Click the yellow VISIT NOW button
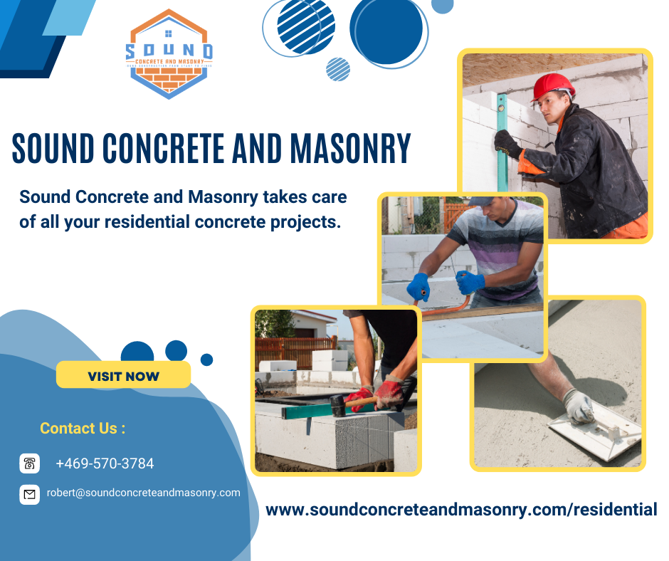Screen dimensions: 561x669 pos(123,375)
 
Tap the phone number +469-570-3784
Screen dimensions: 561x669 pos(105,463)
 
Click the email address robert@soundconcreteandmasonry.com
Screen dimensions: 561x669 pos(143,493)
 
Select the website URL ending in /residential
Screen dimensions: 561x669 pos(461,510)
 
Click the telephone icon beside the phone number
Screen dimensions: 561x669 pos(29,463)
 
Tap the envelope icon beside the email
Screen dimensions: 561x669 pos(29,493)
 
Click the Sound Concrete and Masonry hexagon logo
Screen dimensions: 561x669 pos(169,54)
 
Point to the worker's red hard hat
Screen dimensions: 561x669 pos(553,85)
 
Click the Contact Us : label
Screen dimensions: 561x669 pos(83,429)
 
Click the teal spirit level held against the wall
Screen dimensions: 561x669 pos(502,142)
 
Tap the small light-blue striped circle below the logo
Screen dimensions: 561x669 pos(338,69)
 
